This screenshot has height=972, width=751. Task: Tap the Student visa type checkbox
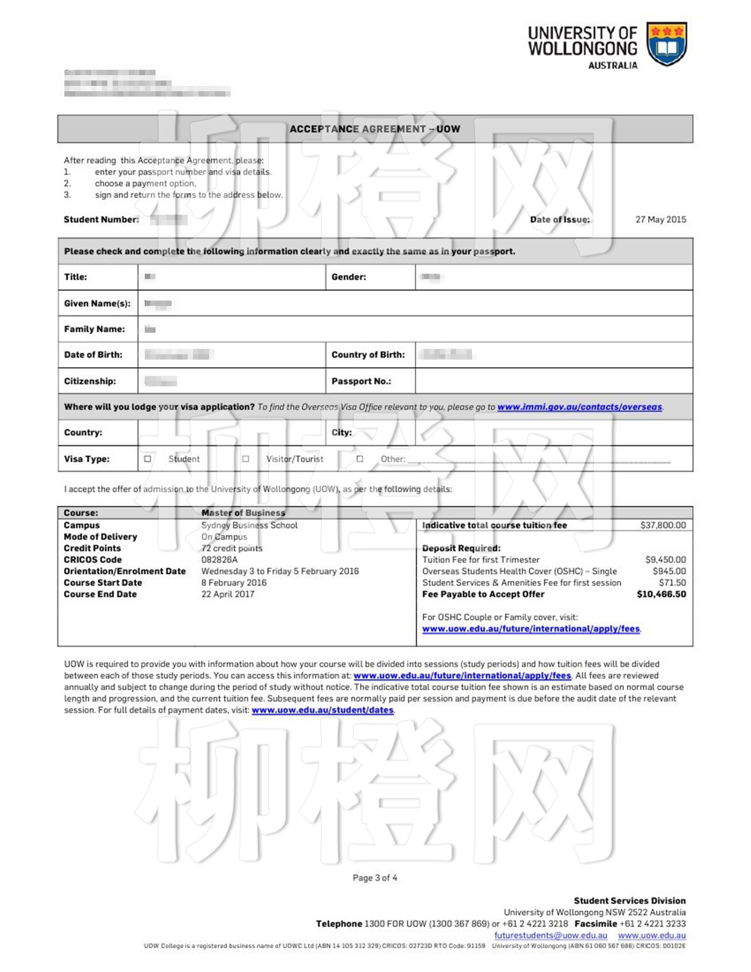coord(148,459)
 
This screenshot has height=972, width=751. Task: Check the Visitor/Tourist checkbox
coord(246,459)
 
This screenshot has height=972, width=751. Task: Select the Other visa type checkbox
coord(360,459)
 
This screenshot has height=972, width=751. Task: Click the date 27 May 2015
coord(660,220)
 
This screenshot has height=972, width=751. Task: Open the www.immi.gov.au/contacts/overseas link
coord(579,407)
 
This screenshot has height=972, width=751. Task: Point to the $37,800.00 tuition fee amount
coord(662,525)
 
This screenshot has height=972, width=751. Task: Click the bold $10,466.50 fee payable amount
coord(661,594)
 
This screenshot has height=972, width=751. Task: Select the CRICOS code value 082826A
coord(219,560)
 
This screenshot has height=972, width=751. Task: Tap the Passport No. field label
coord(361,381)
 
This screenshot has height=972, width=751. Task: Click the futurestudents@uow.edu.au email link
coord(550,936)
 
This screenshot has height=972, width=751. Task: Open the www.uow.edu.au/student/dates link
coord(322,710)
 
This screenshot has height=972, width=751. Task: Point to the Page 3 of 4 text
coord(375,878)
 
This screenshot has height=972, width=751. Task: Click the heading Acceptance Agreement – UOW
coord(375,129)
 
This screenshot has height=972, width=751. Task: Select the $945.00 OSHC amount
coord(669,571)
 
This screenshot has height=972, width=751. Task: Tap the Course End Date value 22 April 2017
coord(228,594)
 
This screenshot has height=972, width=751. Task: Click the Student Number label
coord(101,220)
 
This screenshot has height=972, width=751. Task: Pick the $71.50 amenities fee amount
coord(672,583)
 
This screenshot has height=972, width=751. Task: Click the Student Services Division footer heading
coord(629,901)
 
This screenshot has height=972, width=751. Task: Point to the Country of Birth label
coord(368,355)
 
